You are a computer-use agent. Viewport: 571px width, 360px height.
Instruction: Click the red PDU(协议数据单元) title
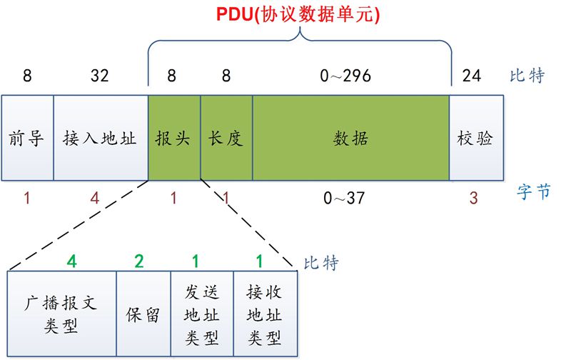tap(299, 14)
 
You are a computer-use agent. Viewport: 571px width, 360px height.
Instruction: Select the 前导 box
tap(27, 137)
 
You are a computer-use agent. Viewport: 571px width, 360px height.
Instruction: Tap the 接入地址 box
tap(100, 137)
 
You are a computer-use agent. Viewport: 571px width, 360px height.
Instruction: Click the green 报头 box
tap(173, 137)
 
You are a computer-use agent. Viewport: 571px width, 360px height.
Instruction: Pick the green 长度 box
tap(226, 137)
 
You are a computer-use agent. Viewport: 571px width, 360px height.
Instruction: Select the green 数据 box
tap(350, 137)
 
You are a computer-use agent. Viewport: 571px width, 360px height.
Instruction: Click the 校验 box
tap(475, 137)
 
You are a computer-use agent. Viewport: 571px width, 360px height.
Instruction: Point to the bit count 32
tap(100, 75)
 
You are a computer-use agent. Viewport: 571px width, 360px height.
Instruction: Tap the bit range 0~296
tap(347, 75)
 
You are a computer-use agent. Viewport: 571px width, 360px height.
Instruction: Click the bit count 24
tap(473, 75)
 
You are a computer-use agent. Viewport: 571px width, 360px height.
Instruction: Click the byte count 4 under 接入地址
tap(95, 198)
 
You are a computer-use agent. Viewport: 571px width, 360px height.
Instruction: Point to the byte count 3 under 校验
tap(473, 198)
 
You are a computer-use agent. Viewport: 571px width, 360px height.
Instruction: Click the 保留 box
tap(143, 314)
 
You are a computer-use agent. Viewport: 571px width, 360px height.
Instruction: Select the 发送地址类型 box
tap(202, 314)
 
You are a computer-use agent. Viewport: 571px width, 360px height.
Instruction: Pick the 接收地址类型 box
tap(264, 314)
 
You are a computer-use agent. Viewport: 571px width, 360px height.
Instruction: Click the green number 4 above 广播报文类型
tap(71, 261)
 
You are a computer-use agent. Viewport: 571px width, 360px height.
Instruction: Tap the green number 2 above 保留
tap(138, 261)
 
